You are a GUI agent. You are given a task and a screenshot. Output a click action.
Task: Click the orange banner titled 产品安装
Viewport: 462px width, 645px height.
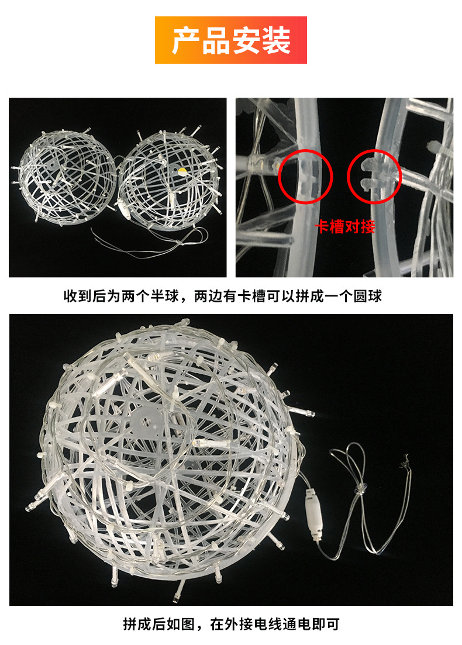[x=231, y=40]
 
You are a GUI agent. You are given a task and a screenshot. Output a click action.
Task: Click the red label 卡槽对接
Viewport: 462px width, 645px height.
[x=345, y=227]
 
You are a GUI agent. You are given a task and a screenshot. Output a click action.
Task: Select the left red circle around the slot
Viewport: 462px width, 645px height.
[x=305, y=177]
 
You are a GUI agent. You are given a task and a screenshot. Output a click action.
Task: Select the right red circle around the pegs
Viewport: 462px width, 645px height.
[x=374, y=177]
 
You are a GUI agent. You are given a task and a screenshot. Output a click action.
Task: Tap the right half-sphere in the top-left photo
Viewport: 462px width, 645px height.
[x=170, y=179]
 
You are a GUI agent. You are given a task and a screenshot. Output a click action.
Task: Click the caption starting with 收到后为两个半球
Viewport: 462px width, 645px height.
[x=223, y=296]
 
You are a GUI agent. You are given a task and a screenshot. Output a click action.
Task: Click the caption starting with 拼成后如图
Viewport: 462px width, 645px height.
[x=231, y=624]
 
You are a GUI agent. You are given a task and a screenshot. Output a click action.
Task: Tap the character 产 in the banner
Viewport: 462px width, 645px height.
[x=185, y=40]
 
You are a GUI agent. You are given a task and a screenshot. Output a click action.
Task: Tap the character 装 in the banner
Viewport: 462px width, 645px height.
[x=277, y=40]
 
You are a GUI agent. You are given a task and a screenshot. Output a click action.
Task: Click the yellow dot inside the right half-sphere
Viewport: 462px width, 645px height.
[x=180, y=170]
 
